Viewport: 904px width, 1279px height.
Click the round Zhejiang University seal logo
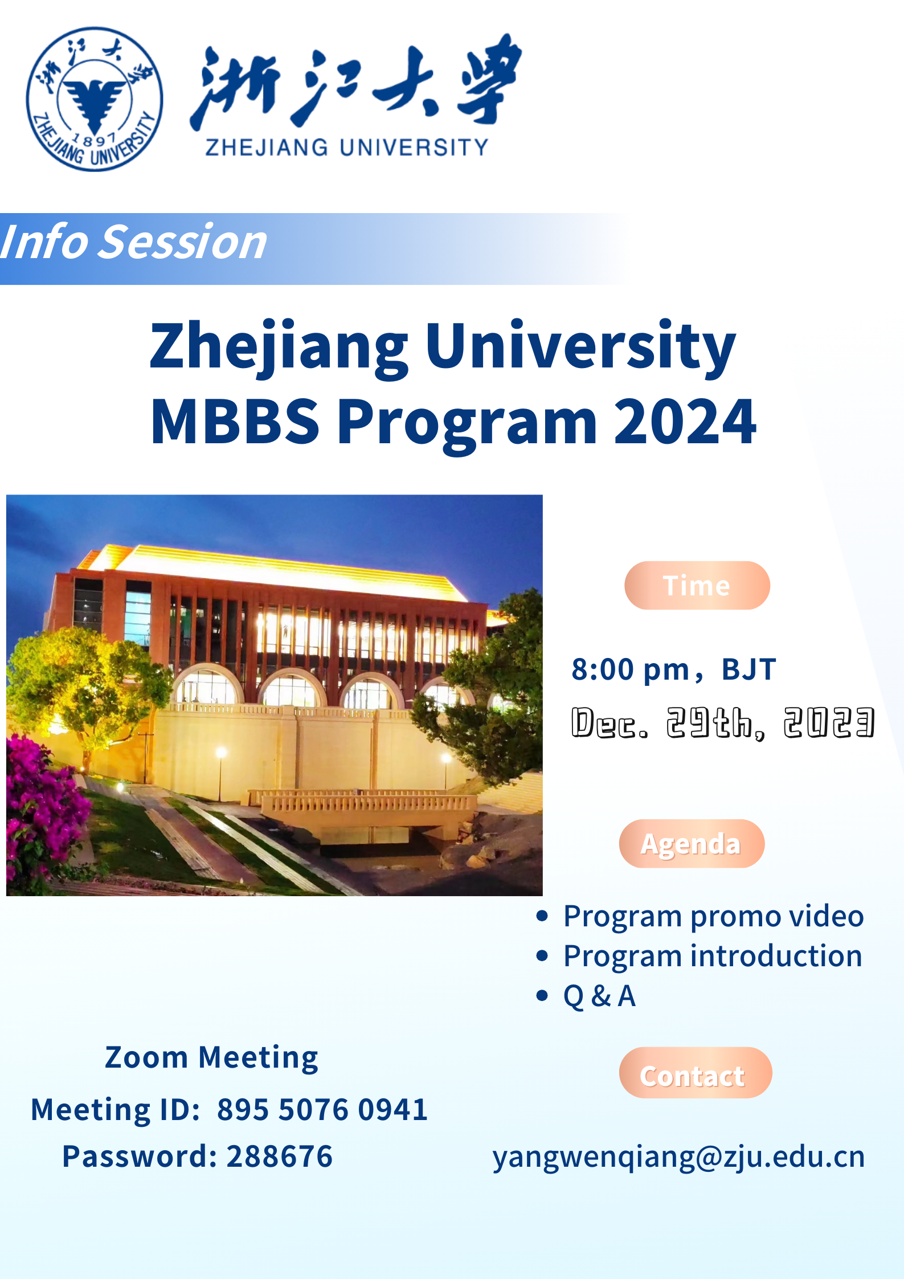click(95, 99)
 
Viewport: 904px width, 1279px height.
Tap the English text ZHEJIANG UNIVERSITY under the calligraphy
click(347, 148)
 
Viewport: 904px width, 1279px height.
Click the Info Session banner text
click(134, 242)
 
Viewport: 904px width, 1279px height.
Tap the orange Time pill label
click(697, 585)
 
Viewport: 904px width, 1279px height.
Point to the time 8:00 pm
click(631, 669)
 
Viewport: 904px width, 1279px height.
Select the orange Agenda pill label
click(692, 844)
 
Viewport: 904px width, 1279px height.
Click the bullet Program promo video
click(714, 916)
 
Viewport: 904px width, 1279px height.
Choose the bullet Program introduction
click(713, 956)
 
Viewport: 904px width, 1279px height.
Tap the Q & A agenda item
click(600, 996)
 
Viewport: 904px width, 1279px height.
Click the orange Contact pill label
click(696, 1073)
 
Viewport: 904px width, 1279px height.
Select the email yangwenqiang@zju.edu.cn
click(679, 1157)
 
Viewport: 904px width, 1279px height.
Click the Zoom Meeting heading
click(211, 1058)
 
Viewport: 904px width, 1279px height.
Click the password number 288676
click(280, 1156)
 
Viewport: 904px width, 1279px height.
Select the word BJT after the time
click(748, 669)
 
